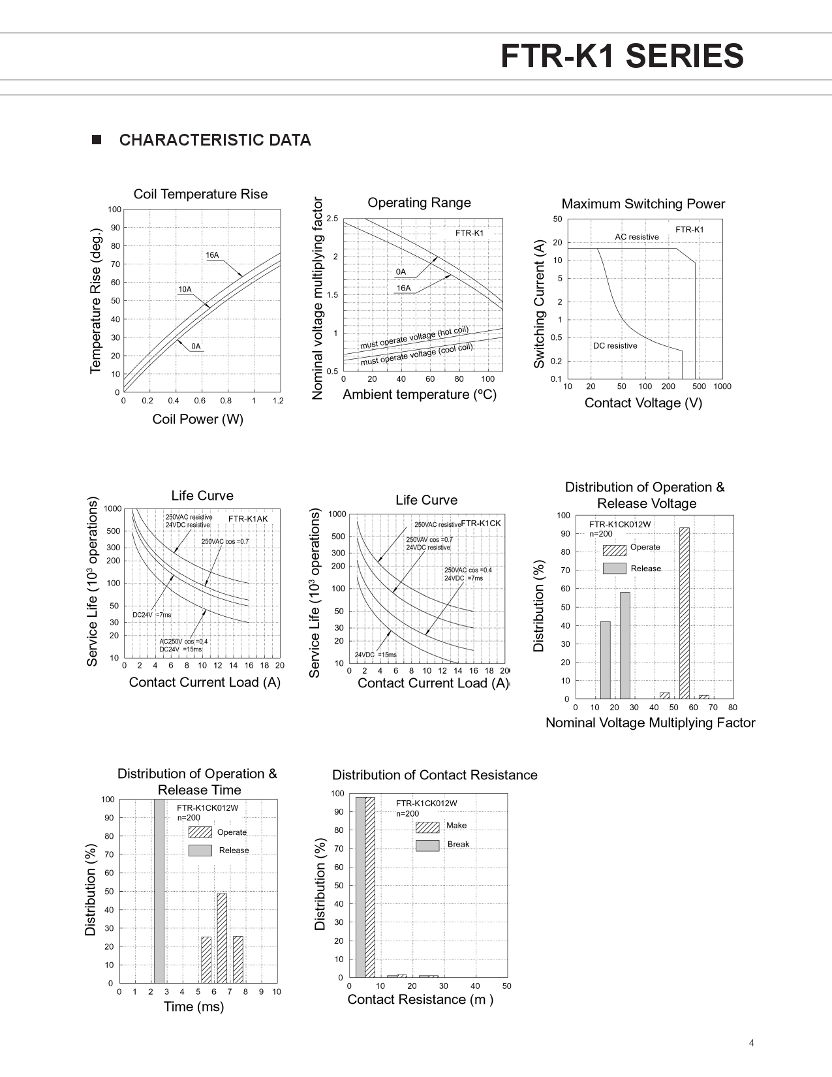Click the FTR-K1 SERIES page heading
[621, 56]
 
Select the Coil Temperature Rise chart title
[200, 194]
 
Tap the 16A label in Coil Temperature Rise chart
[212, 255]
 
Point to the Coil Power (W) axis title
[198, 419]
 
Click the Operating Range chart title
[419, 202]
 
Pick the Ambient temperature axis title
[419, 394]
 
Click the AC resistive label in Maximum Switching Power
[636, 237]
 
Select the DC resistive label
[615, 346]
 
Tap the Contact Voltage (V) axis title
[643, 403]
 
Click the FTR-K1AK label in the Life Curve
[248, 519]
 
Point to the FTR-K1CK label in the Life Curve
[481, 523]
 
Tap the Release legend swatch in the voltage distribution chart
[614, 569]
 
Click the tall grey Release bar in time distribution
[159, 891]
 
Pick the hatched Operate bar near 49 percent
[222, 937]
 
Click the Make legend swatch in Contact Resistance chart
[427, 827]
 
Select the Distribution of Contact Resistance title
[435, 775]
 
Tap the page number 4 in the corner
[751, 1043]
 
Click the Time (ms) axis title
[194, 1007]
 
